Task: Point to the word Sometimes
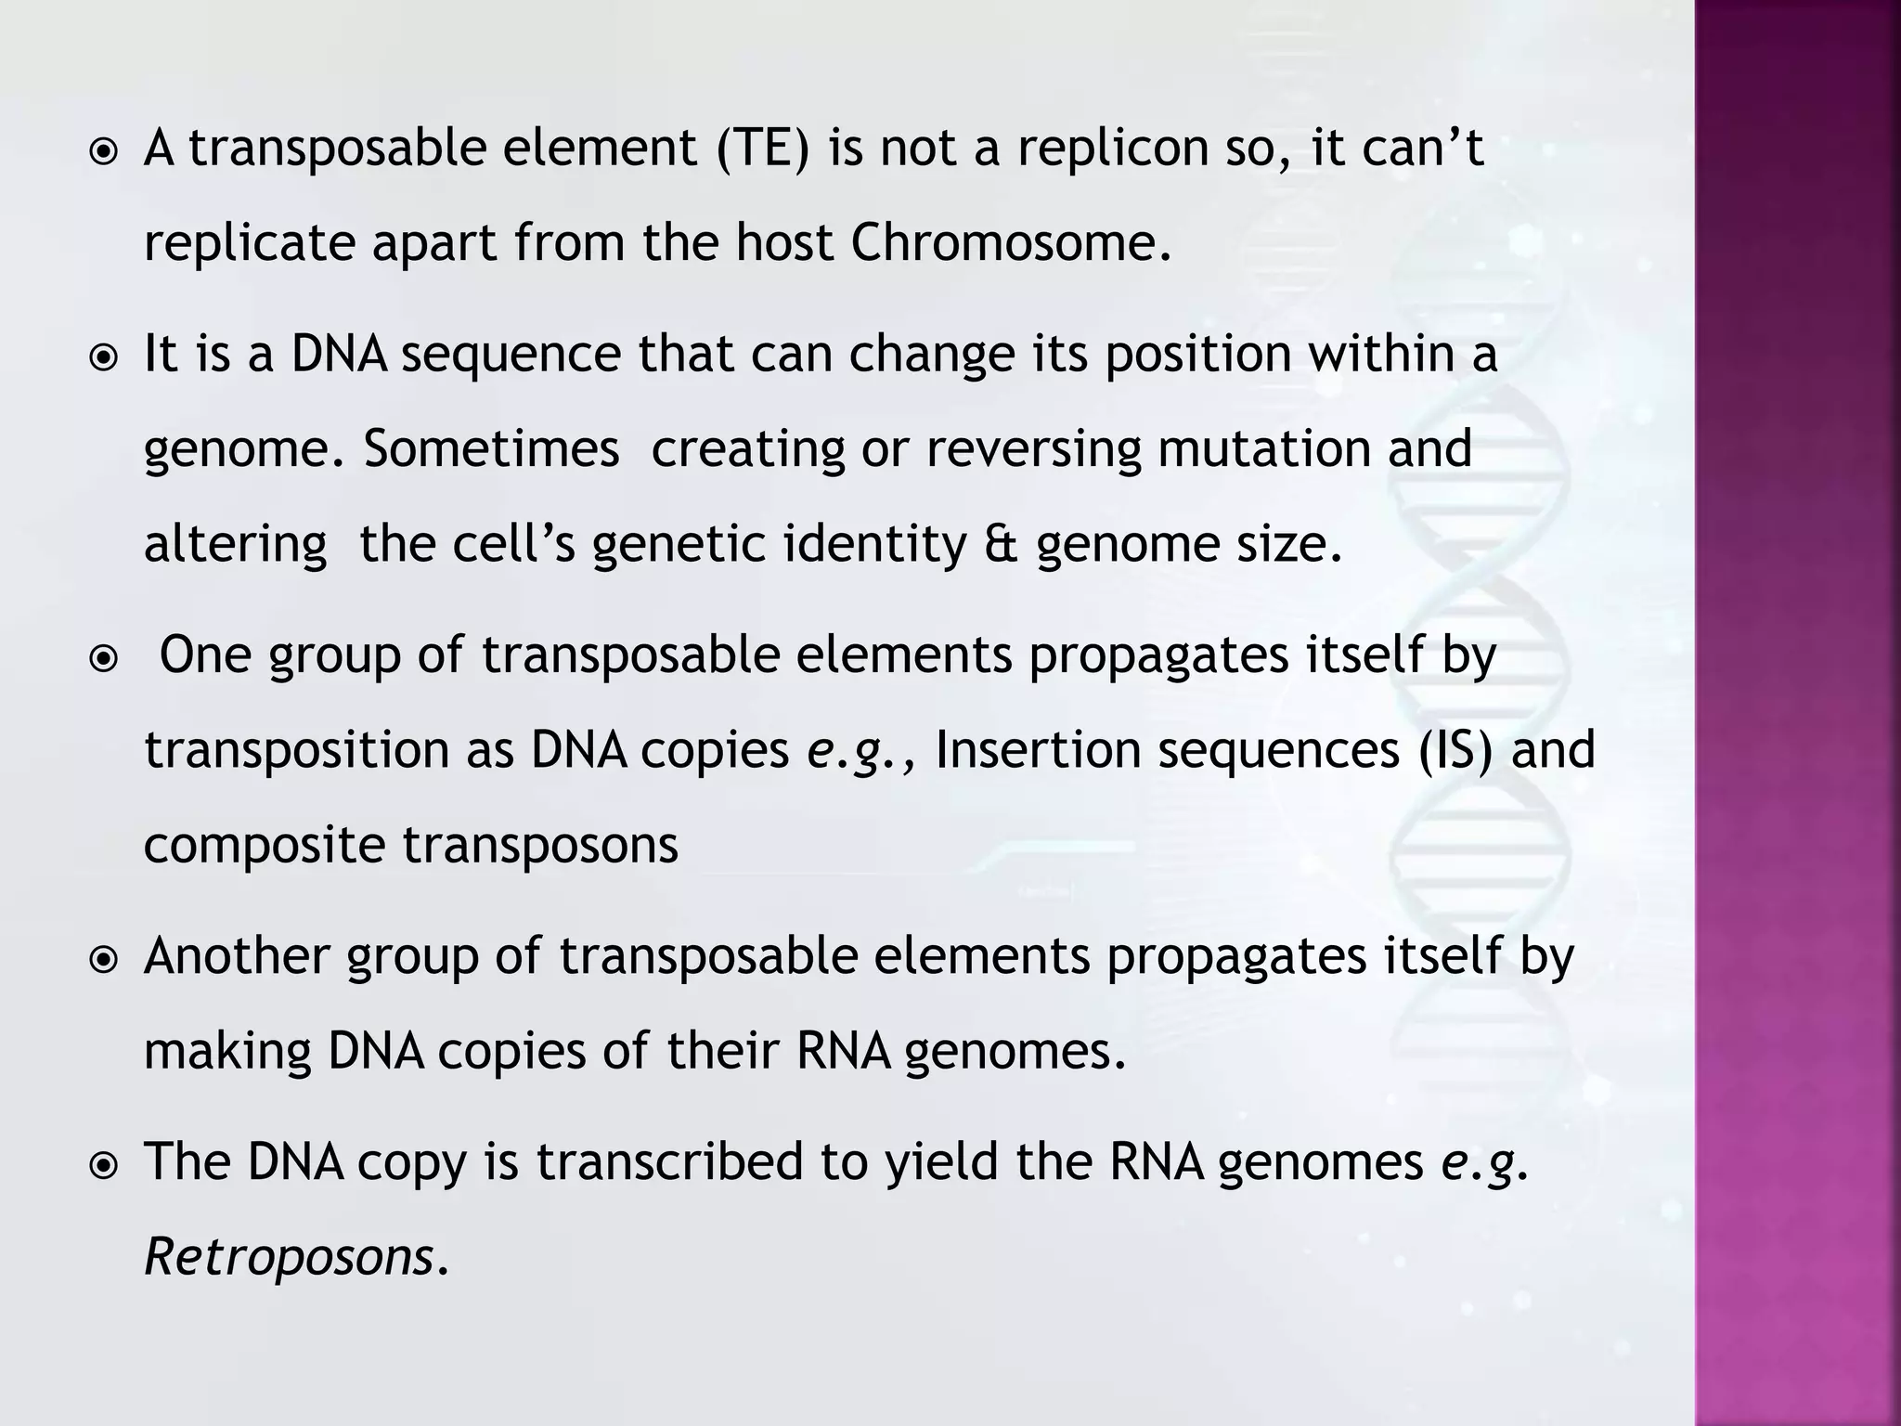point(490,449)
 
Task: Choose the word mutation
point(1264,449)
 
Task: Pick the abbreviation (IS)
point(1456,750)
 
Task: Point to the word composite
point(265,846)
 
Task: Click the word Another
point(237,956)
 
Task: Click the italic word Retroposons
point(290,1258)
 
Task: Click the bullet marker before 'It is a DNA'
point(104,357)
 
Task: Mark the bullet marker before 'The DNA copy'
point(104,1164)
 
